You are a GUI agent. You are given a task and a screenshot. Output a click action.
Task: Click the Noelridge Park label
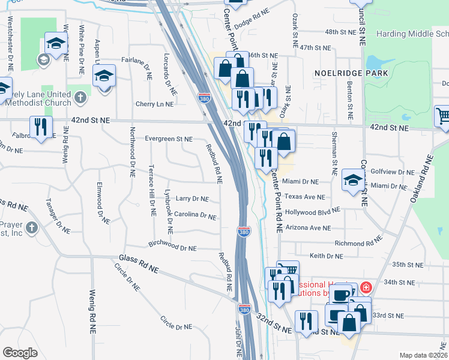tap(351, 73)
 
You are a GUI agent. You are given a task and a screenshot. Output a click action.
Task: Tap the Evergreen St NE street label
tap(169, 139)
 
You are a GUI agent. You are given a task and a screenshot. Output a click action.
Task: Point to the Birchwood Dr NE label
tap(173, 247)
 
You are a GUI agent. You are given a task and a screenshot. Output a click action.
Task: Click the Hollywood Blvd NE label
tap(312, 212)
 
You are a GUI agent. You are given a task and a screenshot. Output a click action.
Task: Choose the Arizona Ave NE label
tap(308, 227)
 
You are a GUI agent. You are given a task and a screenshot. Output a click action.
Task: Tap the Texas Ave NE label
tap(304, 196)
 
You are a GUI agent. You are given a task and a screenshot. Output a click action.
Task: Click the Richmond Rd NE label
tap(358, 243)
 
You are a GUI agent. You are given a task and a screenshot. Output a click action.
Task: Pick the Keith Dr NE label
tap(326, 256)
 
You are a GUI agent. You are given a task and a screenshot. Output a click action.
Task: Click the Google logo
tap(20, 353)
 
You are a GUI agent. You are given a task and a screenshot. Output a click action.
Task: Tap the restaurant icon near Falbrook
tap(41, 127)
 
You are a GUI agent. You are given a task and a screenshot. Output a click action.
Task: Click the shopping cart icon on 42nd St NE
tap(442, 116)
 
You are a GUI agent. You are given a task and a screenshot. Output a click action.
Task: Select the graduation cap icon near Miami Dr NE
tap(352, 179)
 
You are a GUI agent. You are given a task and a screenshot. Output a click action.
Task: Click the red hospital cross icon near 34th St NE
tap(366, 287)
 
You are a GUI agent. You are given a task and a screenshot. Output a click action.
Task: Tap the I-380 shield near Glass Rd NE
tap(244, 308)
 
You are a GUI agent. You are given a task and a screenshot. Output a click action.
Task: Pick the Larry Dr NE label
tap(192, 199)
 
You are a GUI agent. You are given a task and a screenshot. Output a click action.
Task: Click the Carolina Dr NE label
tap(195, 214)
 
